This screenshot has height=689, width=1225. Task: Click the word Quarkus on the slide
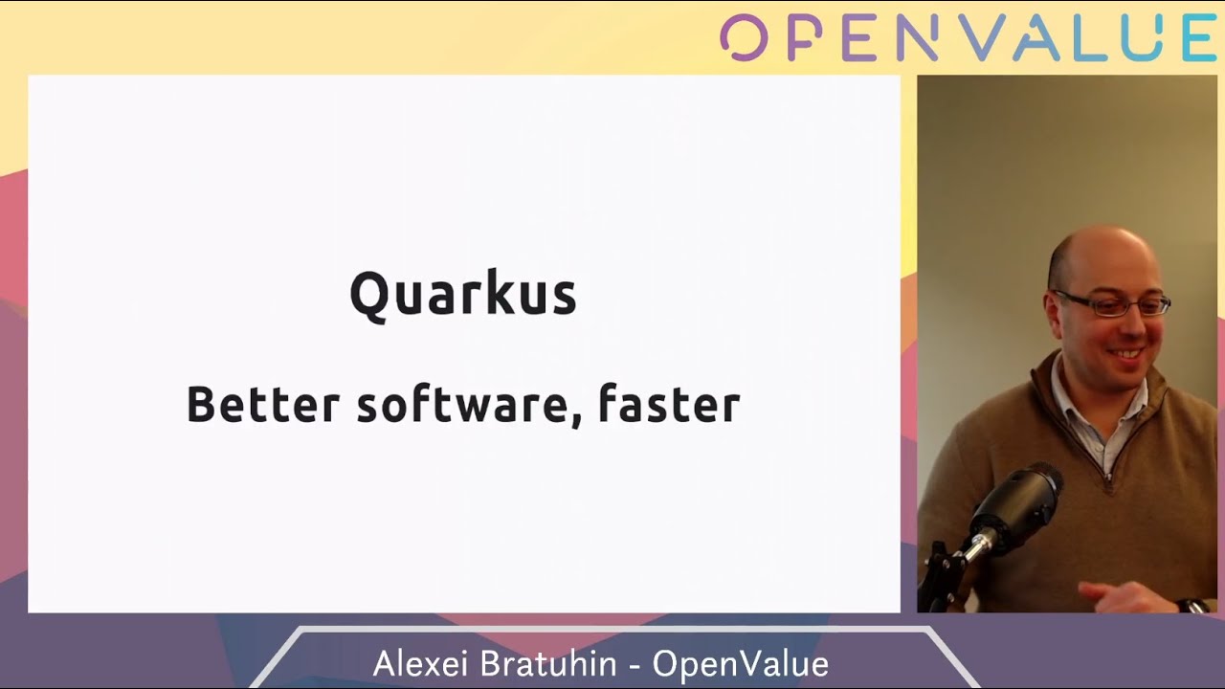coord(463,296)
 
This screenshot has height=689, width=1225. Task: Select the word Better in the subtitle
coord(263,405)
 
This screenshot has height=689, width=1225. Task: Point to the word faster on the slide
coord(669,404)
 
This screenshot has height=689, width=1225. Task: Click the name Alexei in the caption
coord(420,663)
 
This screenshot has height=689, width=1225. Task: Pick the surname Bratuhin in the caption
coord(548,663)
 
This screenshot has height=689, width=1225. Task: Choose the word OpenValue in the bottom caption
coord(741,663)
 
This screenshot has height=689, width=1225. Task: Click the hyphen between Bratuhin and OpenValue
coord(635,666)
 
